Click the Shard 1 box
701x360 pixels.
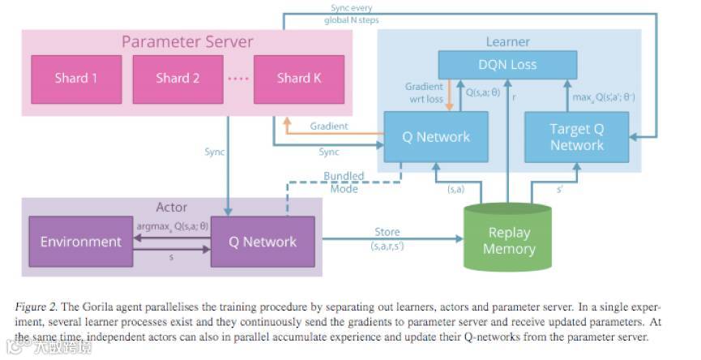click(x=76, y=79)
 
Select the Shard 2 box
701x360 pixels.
click(x=178, y=79)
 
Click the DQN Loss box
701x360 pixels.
click(x=508, y=65)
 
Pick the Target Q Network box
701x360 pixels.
click(x=577, y=137)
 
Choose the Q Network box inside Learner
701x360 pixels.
click(x=436, y=137)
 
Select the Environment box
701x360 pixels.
click(x=81, y=242)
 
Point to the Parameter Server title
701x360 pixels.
click(x=187, y=41)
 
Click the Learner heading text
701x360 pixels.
click(x=508, y=41)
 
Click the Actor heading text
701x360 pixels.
click(x=171, y=208)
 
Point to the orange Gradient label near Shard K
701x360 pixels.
click(x=328, y=126)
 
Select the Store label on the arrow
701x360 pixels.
click(x=387, y=233)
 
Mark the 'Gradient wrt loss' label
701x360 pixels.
click(x=425, y=93)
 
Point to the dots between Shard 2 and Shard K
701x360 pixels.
click(x=237, y=79)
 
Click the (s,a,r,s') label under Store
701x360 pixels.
click(x=387, y=246)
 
